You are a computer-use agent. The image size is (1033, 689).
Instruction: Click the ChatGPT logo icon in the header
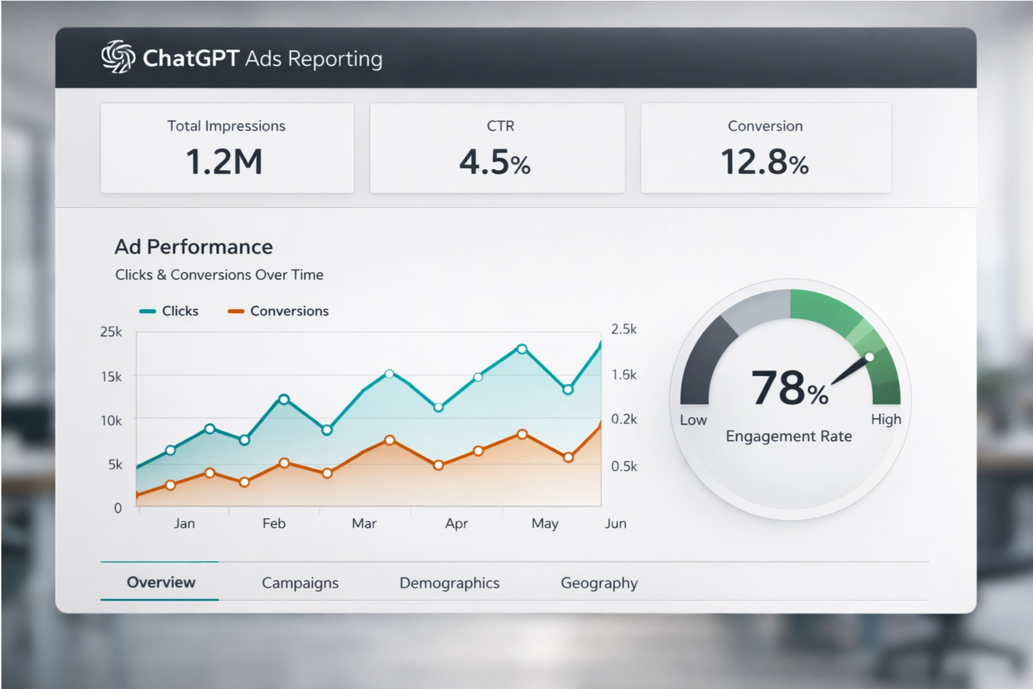pyautogui.click(x=118, y=57)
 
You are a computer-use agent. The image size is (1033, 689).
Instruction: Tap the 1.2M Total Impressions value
pyautogui.click(x=224, y=162)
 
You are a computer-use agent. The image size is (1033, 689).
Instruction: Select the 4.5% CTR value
pyautogui.click(x=495, y=162)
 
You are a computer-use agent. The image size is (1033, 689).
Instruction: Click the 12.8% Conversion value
pyautogui.click(x=765, y=162)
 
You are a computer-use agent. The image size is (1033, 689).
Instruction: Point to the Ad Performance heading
pyautogui.click(x=194, y=247)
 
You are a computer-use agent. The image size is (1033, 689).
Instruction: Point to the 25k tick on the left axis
pyautogui.click(x=111, y=332)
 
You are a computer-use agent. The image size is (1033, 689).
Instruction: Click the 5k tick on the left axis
pyautogui.click(x=115, y=465)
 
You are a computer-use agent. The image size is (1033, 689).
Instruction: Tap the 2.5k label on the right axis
pyautogui.click(x=623, y=329)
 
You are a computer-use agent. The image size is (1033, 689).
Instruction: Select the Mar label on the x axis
pyautogui.click(x=364, y=523)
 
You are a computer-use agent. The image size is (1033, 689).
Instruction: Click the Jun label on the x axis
pyautogui.click(x=615, y=523)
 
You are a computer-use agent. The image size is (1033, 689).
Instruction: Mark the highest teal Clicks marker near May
pyautogui.click(x=522, y=349)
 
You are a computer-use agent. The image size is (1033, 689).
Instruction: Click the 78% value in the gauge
pyautogui.click(x=790, y=388)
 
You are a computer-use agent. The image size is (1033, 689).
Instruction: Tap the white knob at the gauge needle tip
pyautogui.click(x=870, y=357)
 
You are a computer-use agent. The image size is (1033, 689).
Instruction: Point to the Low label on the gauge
pyautogui.click(x=693, y=420)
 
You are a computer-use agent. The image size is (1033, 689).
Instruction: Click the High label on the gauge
pyautogui.click(x=886, y=419)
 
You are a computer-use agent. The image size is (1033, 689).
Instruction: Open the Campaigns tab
pyautogui.click(x=300, y=583)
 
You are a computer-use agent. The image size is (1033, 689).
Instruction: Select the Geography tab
pyautogui.click(x=599, y=583)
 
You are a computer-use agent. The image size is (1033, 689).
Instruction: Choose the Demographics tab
pyautogui.click(x=449, y=583)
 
